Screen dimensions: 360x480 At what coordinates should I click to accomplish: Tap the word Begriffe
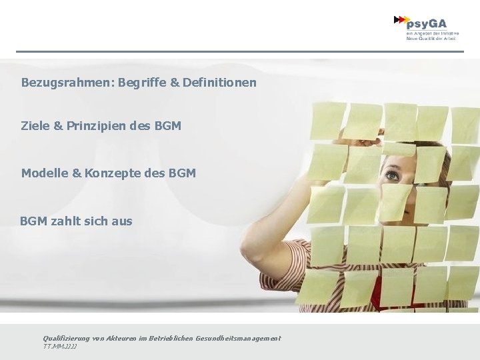pyautogui.click(x=142, y=83)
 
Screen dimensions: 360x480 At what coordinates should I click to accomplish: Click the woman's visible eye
pyautogui.click(x=391, y=176)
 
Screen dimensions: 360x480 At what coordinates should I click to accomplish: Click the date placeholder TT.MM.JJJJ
pyautogui.click(x=59, y=347)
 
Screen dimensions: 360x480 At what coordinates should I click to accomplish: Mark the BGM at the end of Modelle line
pyautogui.click(x=182, y=173)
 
